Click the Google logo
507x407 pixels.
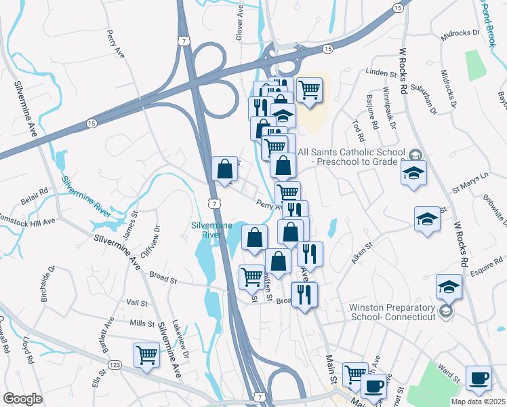click(x=22, y=399)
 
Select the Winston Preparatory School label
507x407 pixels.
click(x=391, y=311)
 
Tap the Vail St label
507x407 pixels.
click(x=136, y=303)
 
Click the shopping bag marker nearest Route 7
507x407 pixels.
click(x=224, y=170)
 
